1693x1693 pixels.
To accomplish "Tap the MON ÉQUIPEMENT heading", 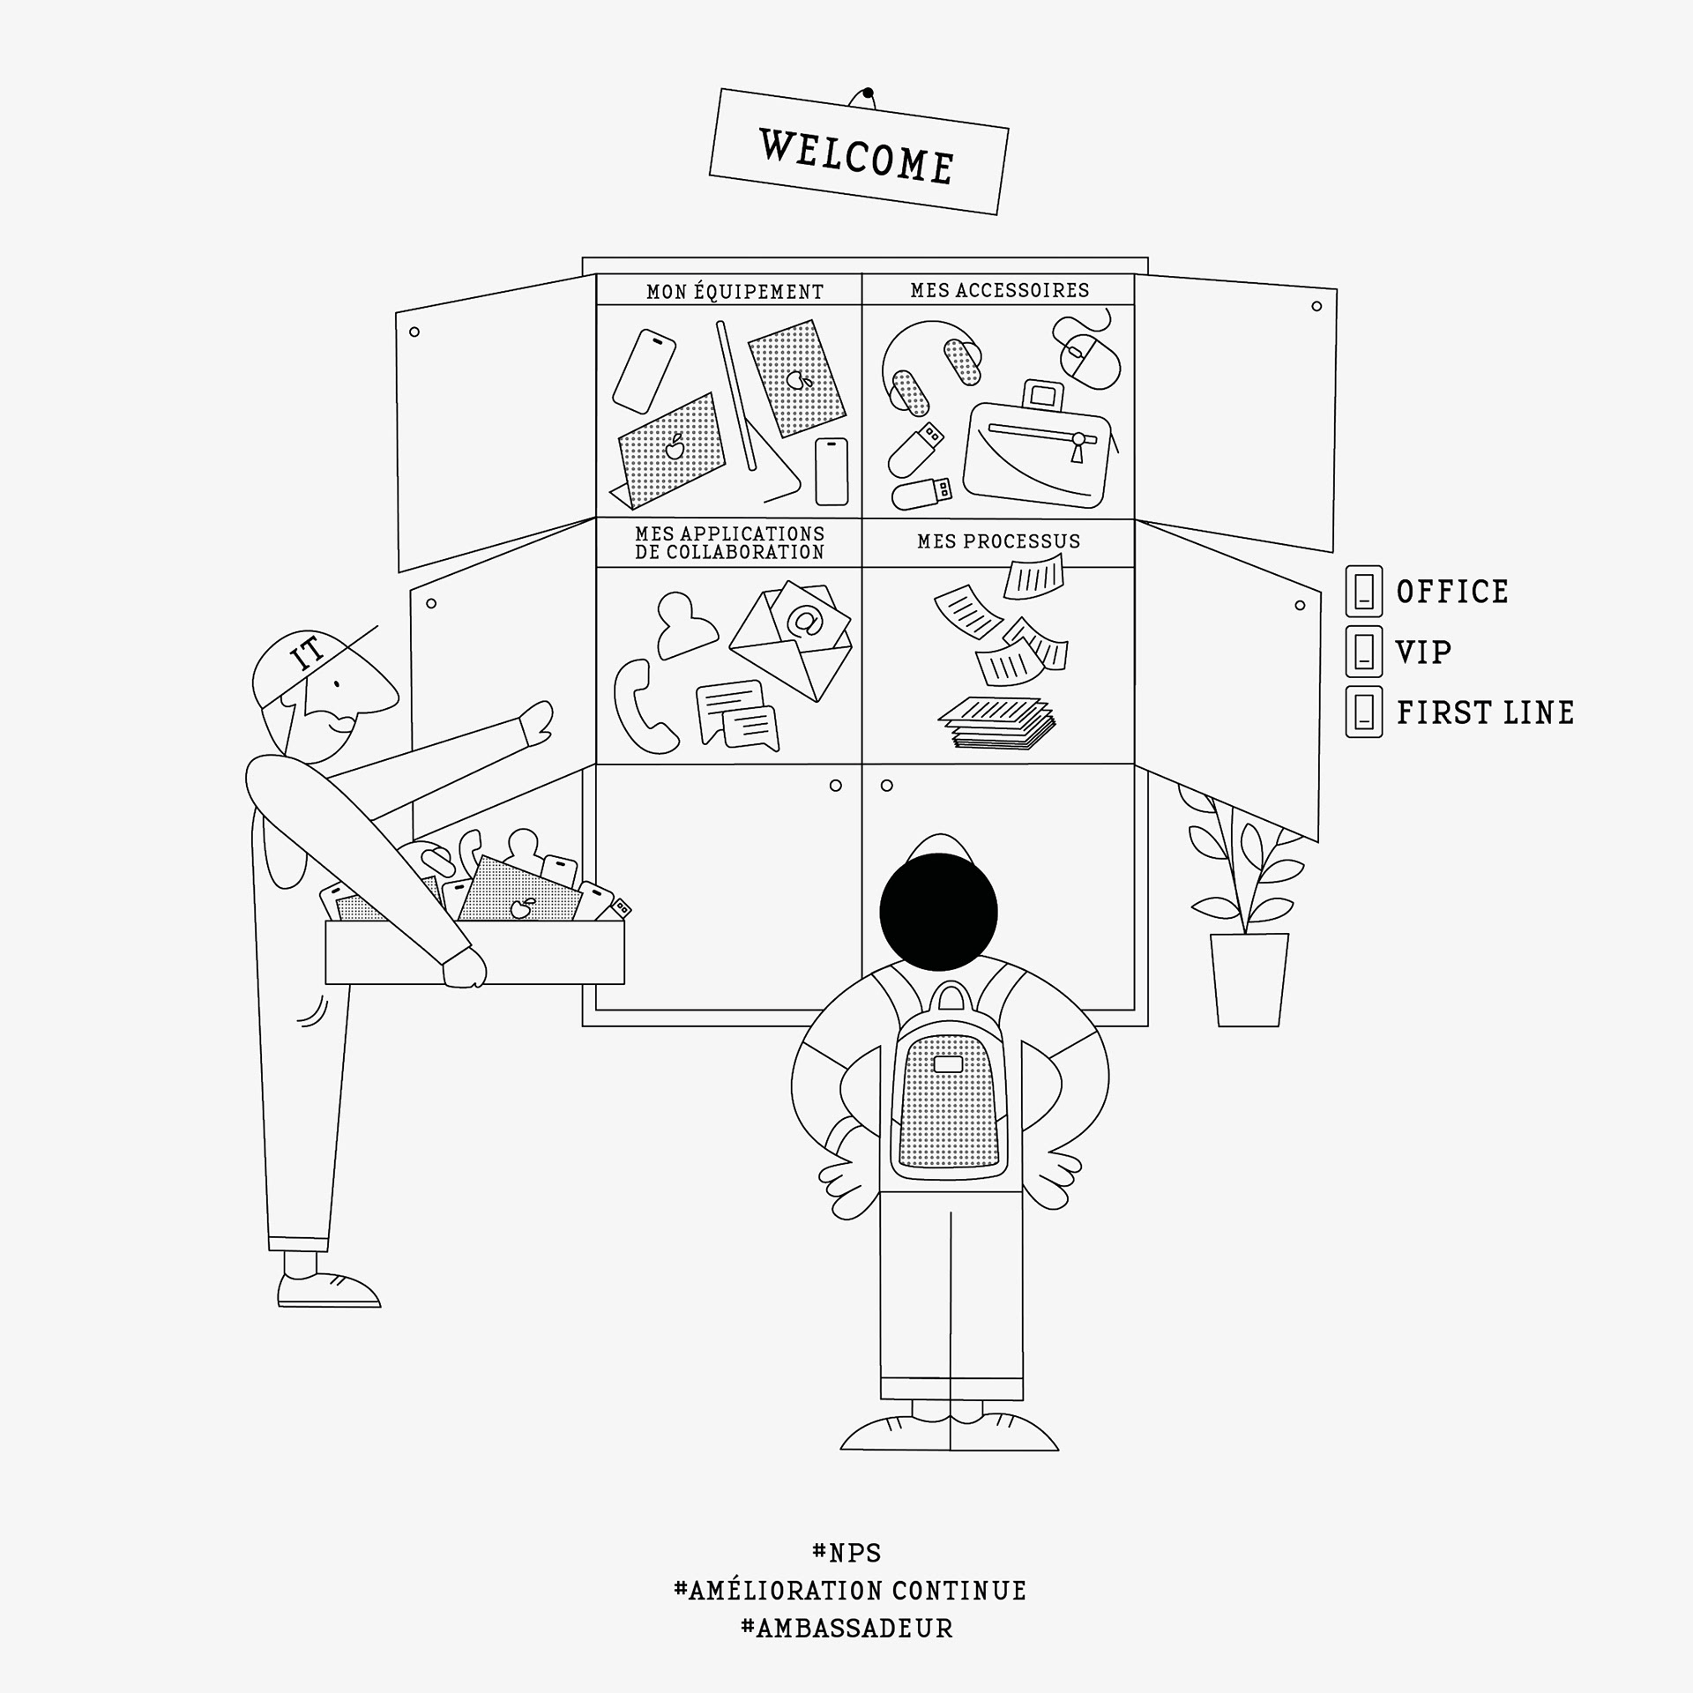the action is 735,291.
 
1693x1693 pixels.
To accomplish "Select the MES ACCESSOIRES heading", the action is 1000,290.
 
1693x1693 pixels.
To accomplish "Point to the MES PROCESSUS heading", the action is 998,541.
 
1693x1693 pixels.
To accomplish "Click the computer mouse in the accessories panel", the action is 1088,357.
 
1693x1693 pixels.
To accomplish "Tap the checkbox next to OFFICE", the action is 1363,591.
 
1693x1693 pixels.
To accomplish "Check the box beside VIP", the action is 1363,652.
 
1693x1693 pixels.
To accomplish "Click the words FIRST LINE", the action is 1485,712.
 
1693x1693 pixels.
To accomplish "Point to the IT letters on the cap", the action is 309,653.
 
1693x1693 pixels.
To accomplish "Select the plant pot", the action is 1248,979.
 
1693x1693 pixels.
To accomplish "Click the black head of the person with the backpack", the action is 939,912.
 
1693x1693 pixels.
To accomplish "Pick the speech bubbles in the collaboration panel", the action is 737,713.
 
